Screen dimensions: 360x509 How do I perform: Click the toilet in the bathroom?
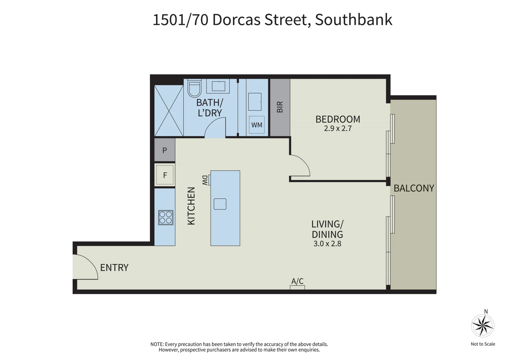[x=194, y=88]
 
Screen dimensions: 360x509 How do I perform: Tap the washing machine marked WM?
[x=257, y=125]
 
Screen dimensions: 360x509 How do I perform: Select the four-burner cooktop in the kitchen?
[x=166, y=217]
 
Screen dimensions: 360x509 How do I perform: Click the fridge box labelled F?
[x=165, y=175]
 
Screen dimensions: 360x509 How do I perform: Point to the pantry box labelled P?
[x=165, y=150]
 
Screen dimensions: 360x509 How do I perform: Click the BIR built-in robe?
[x=280, y=107]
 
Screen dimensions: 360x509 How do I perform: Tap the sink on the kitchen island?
[x=220, y=204]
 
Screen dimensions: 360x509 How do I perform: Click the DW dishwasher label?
[x=205, y=180]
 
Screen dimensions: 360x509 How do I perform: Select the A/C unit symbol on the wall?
[x=297, y=287]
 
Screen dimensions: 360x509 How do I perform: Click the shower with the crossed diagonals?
[x=169, y=111]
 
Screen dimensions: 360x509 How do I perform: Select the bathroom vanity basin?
[x=218, y=86]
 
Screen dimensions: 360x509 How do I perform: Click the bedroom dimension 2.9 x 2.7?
[x=338, y=129]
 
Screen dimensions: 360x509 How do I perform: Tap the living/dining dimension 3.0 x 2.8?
[x=327, y=244]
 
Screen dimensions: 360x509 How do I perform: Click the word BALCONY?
[x=414, y=188]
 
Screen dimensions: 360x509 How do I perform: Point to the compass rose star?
[x=482, y=325]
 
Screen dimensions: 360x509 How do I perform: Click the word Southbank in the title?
[x=353, y=20]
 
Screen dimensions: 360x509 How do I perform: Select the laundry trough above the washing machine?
[x=255, y=102]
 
